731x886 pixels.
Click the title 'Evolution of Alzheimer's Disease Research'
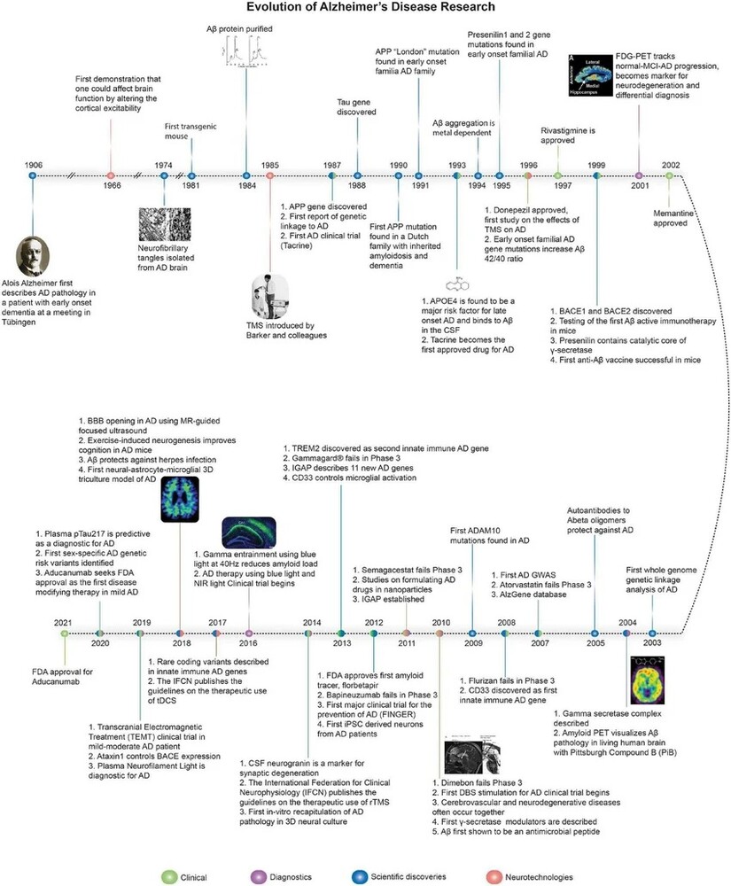365,10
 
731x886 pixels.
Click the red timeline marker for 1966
110,175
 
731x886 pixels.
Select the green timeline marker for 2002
671,175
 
